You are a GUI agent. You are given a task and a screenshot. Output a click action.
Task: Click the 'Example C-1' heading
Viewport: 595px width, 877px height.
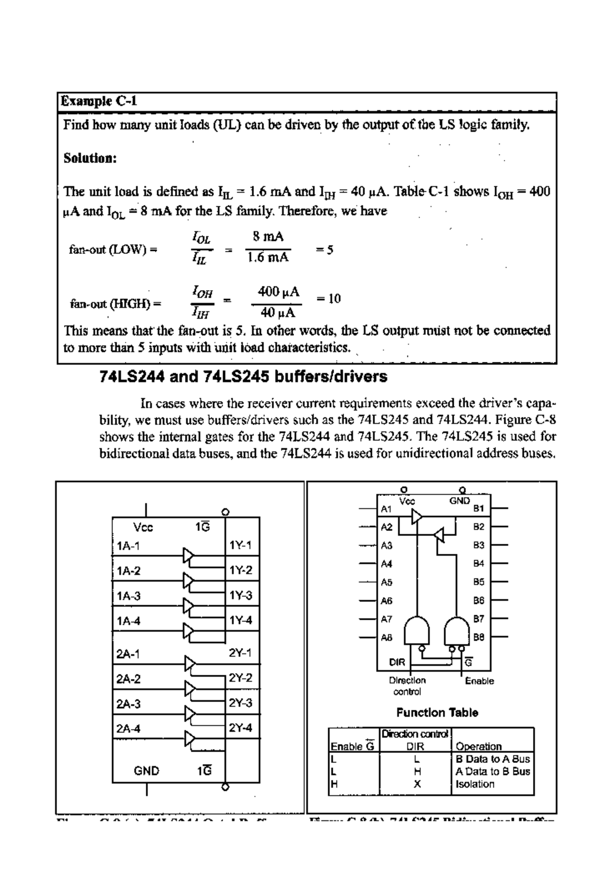(x=99, y=102)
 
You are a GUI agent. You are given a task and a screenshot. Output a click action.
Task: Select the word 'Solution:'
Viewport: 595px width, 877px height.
(x=90, y=158)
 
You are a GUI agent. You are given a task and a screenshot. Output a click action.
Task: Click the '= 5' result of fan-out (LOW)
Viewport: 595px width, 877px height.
(x=325, y=249)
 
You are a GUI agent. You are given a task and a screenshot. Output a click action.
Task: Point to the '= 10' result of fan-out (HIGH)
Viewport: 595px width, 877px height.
(x=328, y=298)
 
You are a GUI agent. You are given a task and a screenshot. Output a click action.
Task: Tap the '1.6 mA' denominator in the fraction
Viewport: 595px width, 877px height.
(x=268, y=257)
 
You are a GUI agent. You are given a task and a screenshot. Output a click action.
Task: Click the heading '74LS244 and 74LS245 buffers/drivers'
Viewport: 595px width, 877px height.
(x=243, y=377)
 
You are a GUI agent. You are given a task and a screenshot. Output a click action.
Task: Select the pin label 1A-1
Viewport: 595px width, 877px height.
(x=128, y=546)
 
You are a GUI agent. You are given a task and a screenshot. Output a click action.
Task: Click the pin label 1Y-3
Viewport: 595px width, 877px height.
(x=240, y=595)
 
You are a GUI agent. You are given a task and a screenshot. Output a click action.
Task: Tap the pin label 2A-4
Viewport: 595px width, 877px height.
(x=128, y=729)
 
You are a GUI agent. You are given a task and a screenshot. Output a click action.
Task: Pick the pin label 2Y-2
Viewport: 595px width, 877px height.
(x=240, y=678)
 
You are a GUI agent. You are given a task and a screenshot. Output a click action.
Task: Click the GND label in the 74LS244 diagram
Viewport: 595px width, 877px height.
(x=147, y=771)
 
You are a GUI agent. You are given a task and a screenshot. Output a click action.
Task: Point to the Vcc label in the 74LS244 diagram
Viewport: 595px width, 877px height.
(x=143, y=527)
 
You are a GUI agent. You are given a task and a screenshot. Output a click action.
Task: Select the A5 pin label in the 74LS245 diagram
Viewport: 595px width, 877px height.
(x=386, y=582)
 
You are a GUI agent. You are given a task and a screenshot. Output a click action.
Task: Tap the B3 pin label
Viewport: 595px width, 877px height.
(x=478, y=545)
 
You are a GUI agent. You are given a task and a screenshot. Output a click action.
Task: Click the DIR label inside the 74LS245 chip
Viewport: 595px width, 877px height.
(x=397, y=662)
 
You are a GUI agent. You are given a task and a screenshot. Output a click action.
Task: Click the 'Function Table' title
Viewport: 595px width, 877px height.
(x=437, y=712)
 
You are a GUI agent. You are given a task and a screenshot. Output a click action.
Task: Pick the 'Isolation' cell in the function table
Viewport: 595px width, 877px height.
(x=475, y=784)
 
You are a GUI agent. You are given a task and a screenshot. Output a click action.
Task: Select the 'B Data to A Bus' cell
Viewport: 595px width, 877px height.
(x=492, y=759)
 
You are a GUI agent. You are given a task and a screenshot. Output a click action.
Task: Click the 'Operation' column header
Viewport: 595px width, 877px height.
(x=478, y=746)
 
